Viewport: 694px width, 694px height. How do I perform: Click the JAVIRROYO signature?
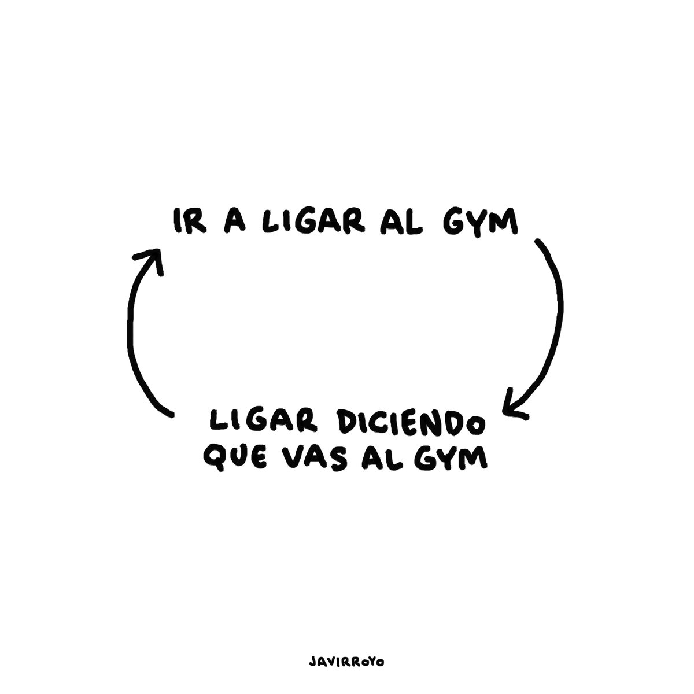pos(346,646)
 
